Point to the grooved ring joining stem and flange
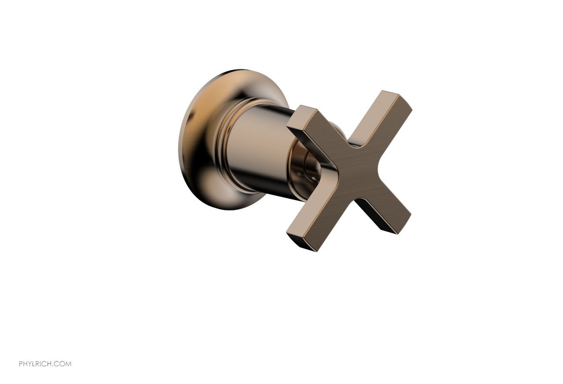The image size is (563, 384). click(x=222, y=145)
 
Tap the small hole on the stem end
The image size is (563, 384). click(x=313, y=178)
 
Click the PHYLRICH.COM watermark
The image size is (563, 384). click(x=45, y=364)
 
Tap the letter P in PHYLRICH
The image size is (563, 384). click(x=21, y=364)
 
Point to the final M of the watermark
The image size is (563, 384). click(x=68, y=364)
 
